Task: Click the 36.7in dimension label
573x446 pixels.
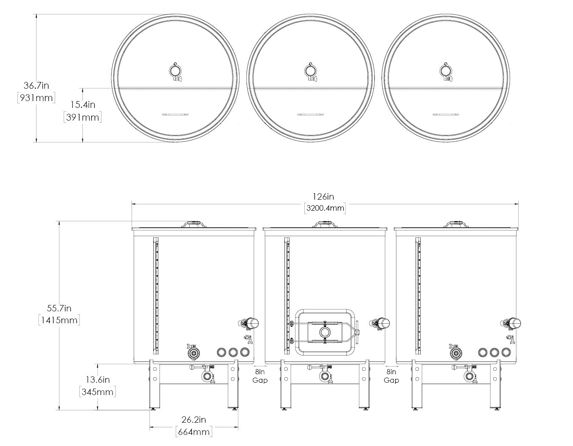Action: tap(37, 85)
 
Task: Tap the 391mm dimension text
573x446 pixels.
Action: tap(82, 117)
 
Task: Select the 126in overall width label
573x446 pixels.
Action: tap(323, 197)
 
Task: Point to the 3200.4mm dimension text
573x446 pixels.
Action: tap(325, 208)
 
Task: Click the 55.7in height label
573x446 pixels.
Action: tap(59, 308)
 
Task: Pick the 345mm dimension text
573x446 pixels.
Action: tap(98, 392)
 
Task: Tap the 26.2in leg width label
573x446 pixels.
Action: tap(194, 420)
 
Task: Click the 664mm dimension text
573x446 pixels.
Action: tap(194, 432)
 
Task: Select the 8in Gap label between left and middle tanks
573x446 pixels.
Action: tap(260, 376)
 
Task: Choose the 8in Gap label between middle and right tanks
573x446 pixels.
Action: tap(391, 376)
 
